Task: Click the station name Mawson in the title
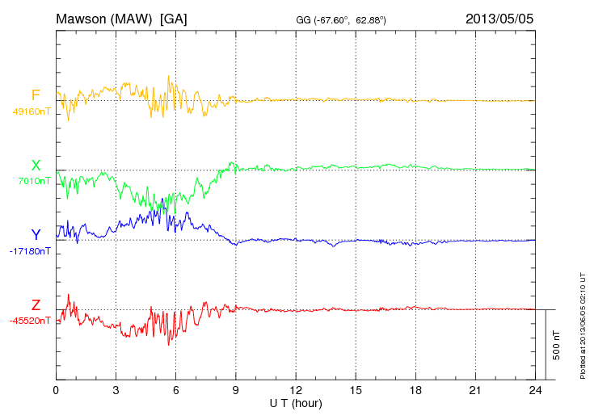(x=83, y=18)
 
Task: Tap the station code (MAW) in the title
(x=135, y=18)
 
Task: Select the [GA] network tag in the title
(x=174, y=18)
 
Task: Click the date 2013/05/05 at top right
(x=499, y=18)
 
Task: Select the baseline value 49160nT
(x=32, y=111)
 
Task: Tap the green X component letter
(x=36, y=166)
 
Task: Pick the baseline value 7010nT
(x=34, y=181)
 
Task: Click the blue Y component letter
(x=36, y=235)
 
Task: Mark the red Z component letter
(x=36, y=304)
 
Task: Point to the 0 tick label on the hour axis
(x=56, y=391)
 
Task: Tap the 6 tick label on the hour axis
(x=176, y=391)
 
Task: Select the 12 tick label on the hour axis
(x=296, y=391)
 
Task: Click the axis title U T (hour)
(x=296, y=403)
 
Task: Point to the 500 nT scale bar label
(x=556, y=345)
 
